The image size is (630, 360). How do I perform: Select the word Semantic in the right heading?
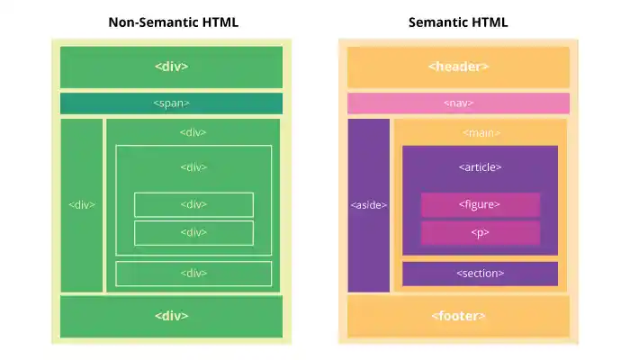pyautogui.click(x=438, y=22)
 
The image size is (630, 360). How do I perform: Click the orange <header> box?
pyautogui.click(x=458, y=67)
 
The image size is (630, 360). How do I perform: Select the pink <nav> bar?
pyautogui.click(x=458, y=103)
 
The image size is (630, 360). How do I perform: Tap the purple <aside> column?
pyautogui.click(x=369, y=205)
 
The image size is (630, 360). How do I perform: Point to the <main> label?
pyautogui.click(x=481, y=132)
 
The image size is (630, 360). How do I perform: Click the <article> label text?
pyautogui.click(x=480, y=166)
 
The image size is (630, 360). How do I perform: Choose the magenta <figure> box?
pyautogui.click(x=480, y=204)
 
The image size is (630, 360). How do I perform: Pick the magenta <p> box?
pyautogui.click(x=480, y=232)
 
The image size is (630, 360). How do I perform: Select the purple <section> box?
pyautogui.click(x=480, y=273)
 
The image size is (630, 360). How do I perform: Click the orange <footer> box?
pyautogui.click(x=458, y=316)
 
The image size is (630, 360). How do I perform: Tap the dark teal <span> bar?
pyautogui.click(x=171, y=103)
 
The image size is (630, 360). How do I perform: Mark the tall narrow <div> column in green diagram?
pyautogui.click(x=82, y=205)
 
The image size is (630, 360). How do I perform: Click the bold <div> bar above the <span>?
pyautogui.click(x=171, y=67)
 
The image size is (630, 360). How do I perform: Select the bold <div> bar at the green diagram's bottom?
pyautogui.click(x=171, y=316)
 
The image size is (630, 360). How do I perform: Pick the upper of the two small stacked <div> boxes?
pyautogui.click(x=193, y=204)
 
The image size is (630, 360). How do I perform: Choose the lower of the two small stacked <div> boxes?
pyautogui.click(x=193, y=232)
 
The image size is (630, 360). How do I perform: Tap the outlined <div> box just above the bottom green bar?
pyautogui.click(x=193, y=273)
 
